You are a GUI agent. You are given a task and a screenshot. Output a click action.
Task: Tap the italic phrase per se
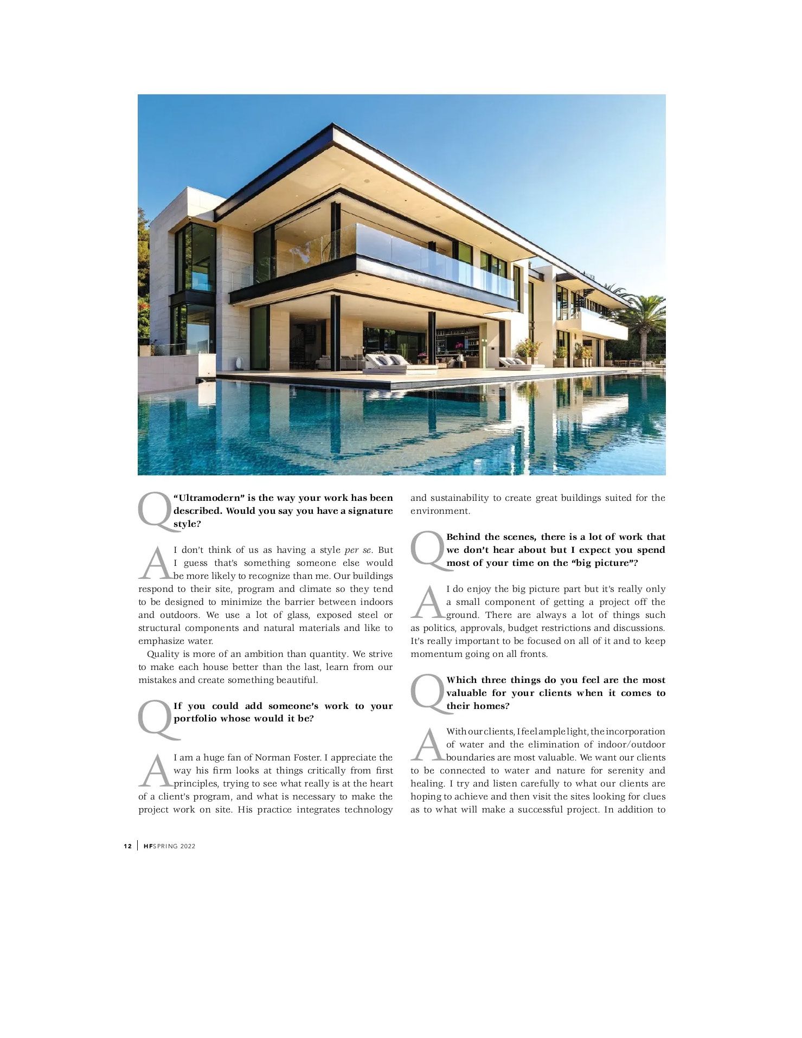358,550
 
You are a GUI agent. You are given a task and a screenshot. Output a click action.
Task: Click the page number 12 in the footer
127,846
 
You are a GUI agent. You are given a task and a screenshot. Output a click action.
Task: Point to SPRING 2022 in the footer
174,846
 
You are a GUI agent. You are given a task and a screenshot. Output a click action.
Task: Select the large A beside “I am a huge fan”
156,771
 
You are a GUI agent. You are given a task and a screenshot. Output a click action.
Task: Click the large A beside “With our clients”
428,745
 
